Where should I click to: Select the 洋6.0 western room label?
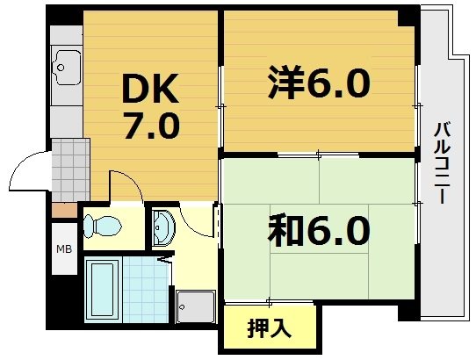click(x=318, y=84)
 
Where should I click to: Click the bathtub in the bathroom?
click(x=102, y=289)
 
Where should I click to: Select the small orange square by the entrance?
click(x=64, y=209)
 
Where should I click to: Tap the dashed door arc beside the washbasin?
click(x=213, y=224)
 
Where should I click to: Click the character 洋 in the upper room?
click(x=285, y=84)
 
